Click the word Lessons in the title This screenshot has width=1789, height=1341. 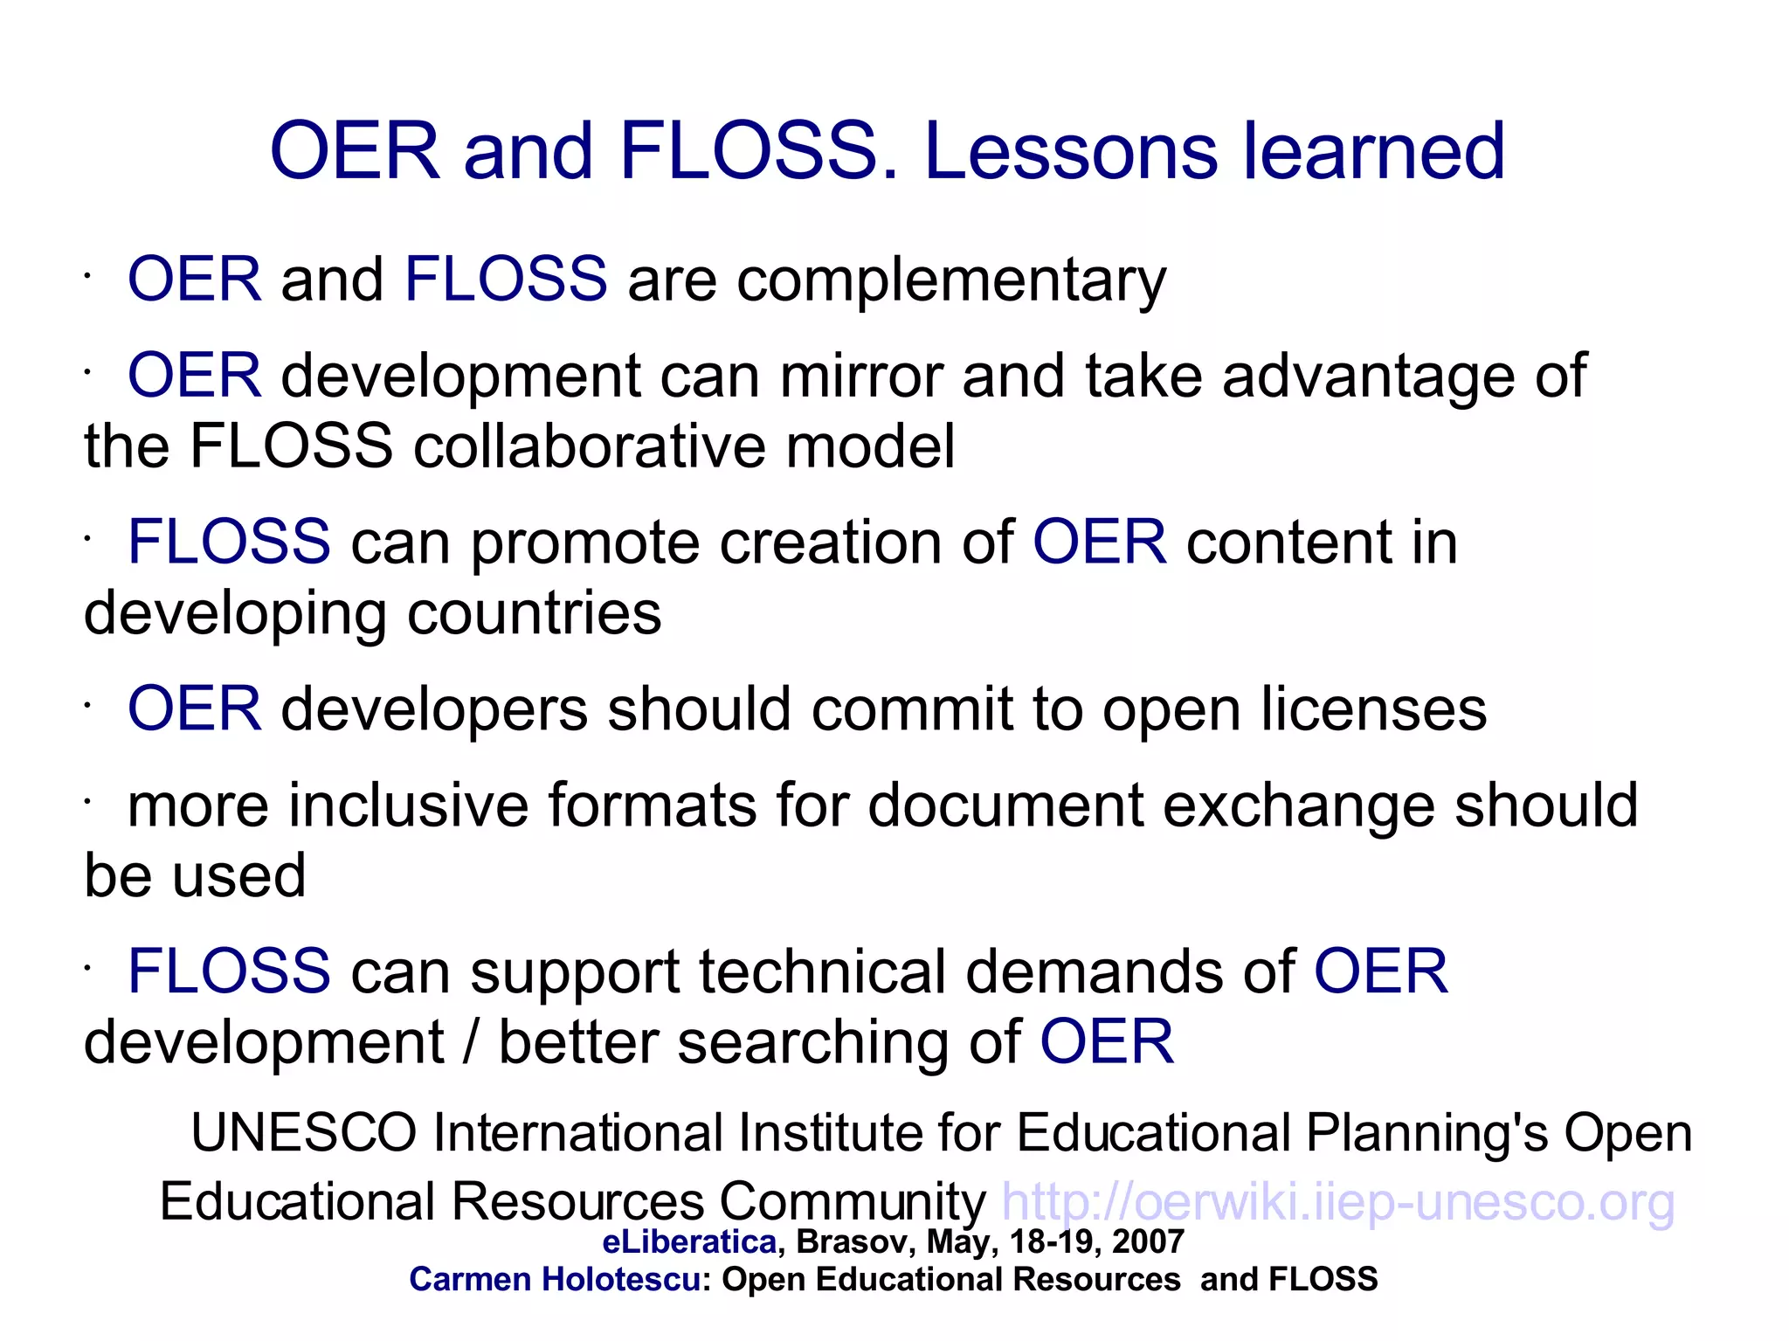(1070, 152)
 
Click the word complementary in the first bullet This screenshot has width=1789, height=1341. (951, 280)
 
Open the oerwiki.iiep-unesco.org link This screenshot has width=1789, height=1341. (1337, 1202)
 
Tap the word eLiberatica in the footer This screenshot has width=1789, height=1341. (689, 1241)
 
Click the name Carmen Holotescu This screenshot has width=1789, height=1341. (554, 1280)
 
